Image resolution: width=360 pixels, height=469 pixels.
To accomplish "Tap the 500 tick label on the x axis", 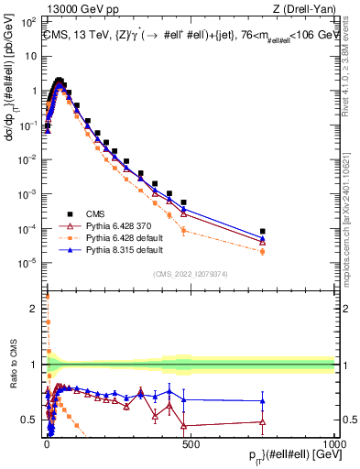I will coord(190,441).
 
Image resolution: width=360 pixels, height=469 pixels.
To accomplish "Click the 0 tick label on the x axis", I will coord(46,441).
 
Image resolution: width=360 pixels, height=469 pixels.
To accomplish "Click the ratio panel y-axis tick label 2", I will coord(34,308).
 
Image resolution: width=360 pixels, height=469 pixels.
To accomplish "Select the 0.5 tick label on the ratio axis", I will coord(29,420).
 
